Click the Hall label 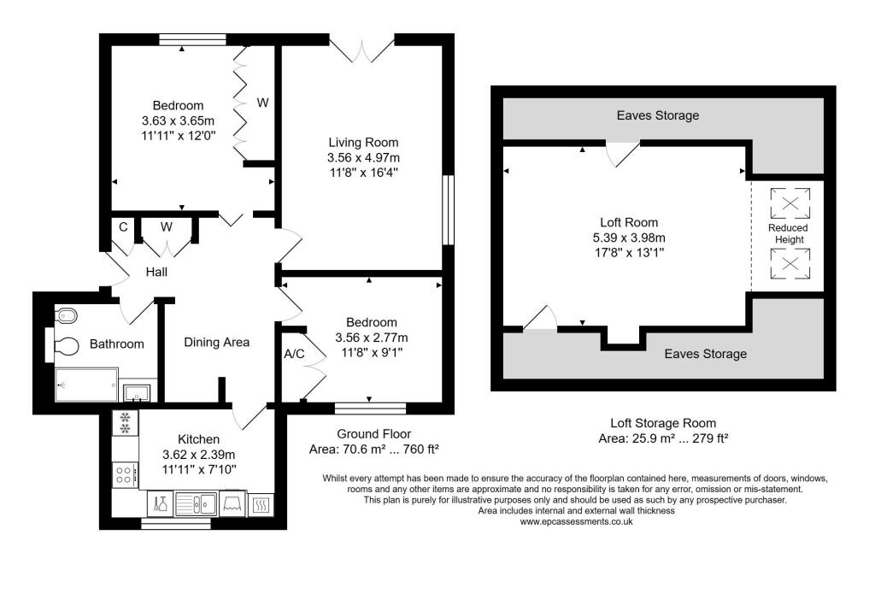tap(156, 272)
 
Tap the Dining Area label tap(217, 342)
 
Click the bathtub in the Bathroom tap(85, 385)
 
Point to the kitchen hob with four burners tap(124, 473)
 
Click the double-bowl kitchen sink tap(197, 504)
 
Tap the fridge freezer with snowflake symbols tap(125, 423)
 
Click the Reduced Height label tap(787, 234)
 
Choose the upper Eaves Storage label tap(658, 115)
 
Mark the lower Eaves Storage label tap(706, 354)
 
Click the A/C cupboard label tap(293, 354)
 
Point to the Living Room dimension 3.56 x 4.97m tap(363, 157)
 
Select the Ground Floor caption tap(368, 433)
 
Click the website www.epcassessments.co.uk tap(576, 521)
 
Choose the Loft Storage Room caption tap(662, 423)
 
